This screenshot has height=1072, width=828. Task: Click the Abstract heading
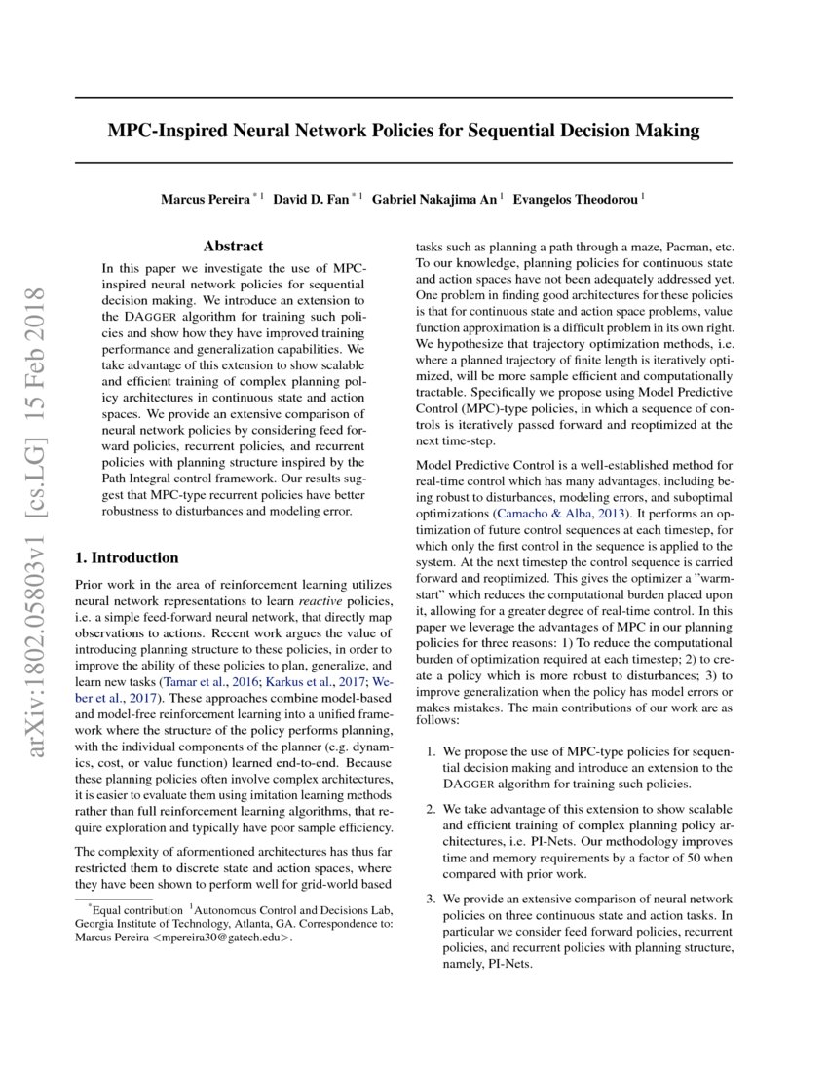pos(233,247)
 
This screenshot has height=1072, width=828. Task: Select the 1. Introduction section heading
pos(127,558)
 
